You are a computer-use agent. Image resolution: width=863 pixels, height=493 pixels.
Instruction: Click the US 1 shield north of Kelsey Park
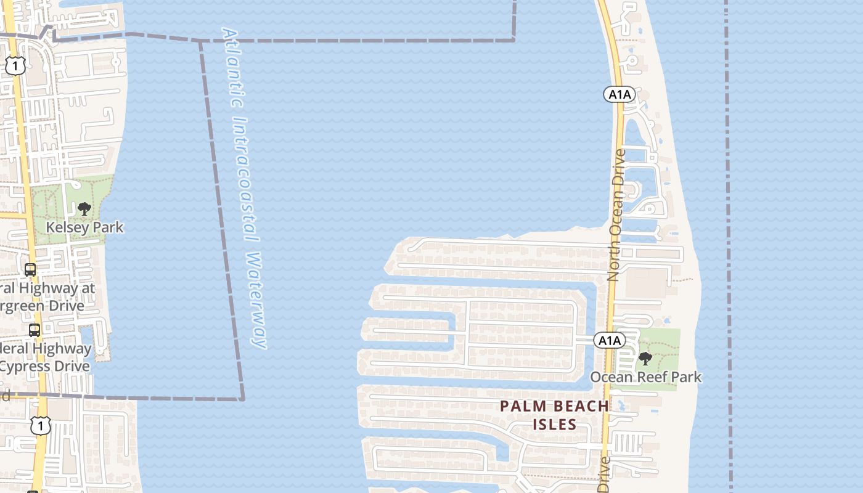pos(15,67)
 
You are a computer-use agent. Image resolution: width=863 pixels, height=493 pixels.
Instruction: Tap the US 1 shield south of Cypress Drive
pos(41,425)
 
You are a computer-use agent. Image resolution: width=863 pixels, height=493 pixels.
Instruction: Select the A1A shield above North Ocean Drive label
pos(619,94)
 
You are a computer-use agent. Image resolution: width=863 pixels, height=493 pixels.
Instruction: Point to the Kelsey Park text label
pos(84,227)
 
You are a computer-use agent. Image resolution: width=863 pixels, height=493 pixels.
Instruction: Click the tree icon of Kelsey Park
pos(84,209)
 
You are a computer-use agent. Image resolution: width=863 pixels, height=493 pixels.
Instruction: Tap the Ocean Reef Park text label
pos(646,377)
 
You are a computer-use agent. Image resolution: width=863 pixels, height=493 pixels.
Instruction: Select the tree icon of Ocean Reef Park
pos(645,358)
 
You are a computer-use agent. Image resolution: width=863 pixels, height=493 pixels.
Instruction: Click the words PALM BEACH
pos(554,406)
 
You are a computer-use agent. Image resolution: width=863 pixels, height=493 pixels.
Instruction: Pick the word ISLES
pos(555,424)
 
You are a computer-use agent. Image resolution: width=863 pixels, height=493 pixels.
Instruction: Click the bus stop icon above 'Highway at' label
pos(30,269)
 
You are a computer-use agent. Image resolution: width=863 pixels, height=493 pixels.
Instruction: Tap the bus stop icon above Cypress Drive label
pos(35,330)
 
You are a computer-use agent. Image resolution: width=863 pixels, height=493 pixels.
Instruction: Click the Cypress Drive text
pos(46,366)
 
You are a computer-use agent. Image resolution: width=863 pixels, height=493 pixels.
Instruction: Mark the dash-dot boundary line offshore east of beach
pos(729,246)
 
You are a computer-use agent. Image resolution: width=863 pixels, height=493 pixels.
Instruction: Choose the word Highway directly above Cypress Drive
pos(60,348)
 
